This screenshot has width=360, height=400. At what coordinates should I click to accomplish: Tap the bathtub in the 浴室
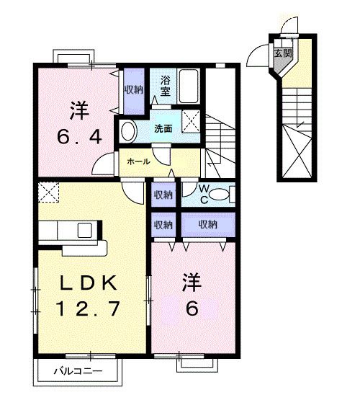tap(188, 86)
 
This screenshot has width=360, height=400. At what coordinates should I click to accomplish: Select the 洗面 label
tap(162, 129)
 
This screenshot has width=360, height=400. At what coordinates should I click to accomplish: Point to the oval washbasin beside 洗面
tap(128, 130)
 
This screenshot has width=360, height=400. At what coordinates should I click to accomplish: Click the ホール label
tap(138, 161)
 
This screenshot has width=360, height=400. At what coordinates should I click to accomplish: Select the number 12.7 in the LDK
tap(90, 308)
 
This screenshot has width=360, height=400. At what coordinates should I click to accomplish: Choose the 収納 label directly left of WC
tap(163, 194)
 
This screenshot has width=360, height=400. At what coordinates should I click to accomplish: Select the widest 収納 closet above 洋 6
tap(207, 224)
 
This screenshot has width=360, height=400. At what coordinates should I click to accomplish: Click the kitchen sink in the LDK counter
tap(84, 231)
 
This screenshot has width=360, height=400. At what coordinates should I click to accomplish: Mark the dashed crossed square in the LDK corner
tap(50, 192)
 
